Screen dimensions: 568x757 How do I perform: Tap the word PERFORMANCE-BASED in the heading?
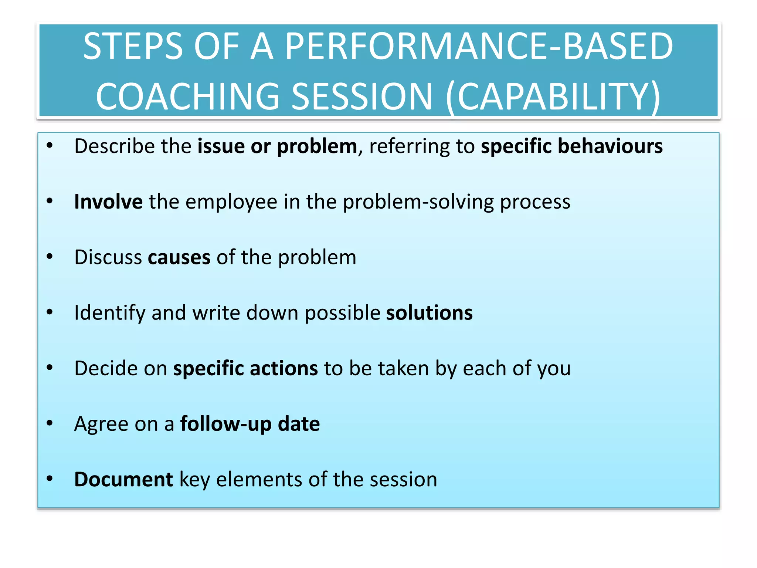point(479,46)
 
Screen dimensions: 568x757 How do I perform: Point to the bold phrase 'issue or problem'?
point(277,146)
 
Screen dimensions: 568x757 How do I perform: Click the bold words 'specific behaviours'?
point(571,146)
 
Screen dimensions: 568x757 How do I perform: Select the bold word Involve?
point(108,202)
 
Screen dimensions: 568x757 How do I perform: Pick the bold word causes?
point(179,257)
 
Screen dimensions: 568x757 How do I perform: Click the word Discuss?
point(108,257)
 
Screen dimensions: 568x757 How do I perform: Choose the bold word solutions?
point(429,313)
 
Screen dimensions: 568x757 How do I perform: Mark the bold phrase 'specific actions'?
point(245,368)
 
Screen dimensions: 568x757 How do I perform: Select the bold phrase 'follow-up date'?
point(250,424)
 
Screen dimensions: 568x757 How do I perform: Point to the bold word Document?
point(123,479)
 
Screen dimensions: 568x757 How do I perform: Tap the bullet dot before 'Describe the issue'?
point(50,146)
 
